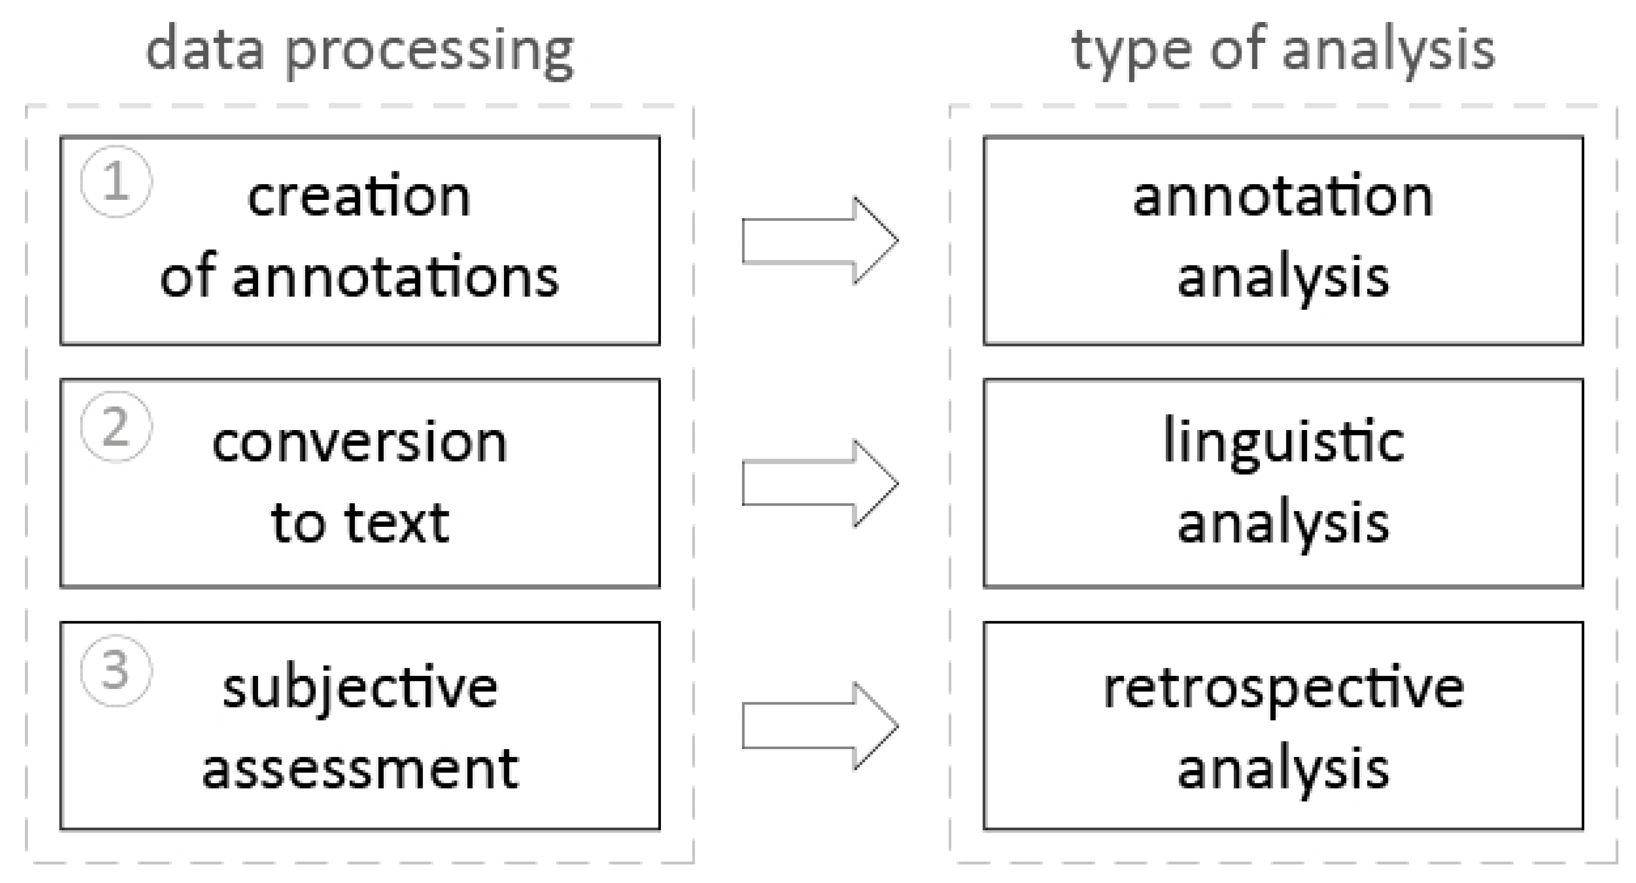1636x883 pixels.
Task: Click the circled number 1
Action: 115,182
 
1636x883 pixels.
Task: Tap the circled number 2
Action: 115,427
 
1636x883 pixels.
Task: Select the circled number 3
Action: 115,670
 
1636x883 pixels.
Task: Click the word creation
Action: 359,197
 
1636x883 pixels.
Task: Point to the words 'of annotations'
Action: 359,278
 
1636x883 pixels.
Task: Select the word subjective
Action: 359,689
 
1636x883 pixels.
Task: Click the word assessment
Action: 359,769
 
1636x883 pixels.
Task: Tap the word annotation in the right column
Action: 1283,197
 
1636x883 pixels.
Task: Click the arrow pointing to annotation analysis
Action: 819,240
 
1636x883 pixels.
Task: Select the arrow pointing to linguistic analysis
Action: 819,484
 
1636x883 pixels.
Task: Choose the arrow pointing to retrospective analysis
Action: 819,726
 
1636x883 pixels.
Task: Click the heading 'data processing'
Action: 359,51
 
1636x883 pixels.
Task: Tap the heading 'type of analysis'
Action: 1283,51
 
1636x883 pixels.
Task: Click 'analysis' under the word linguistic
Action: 1283,524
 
